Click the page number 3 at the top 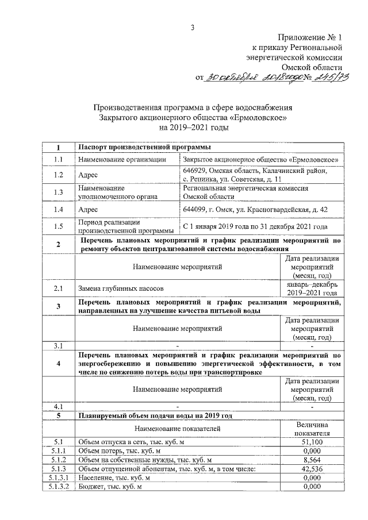click(x=194, y=27)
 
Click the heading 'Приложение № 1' click(x=308, y=37)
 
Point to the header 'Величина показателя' click(x=311, y=428)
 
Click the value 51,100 click(x=311, y=442)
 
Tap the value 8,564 click(x=311, y=460)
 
